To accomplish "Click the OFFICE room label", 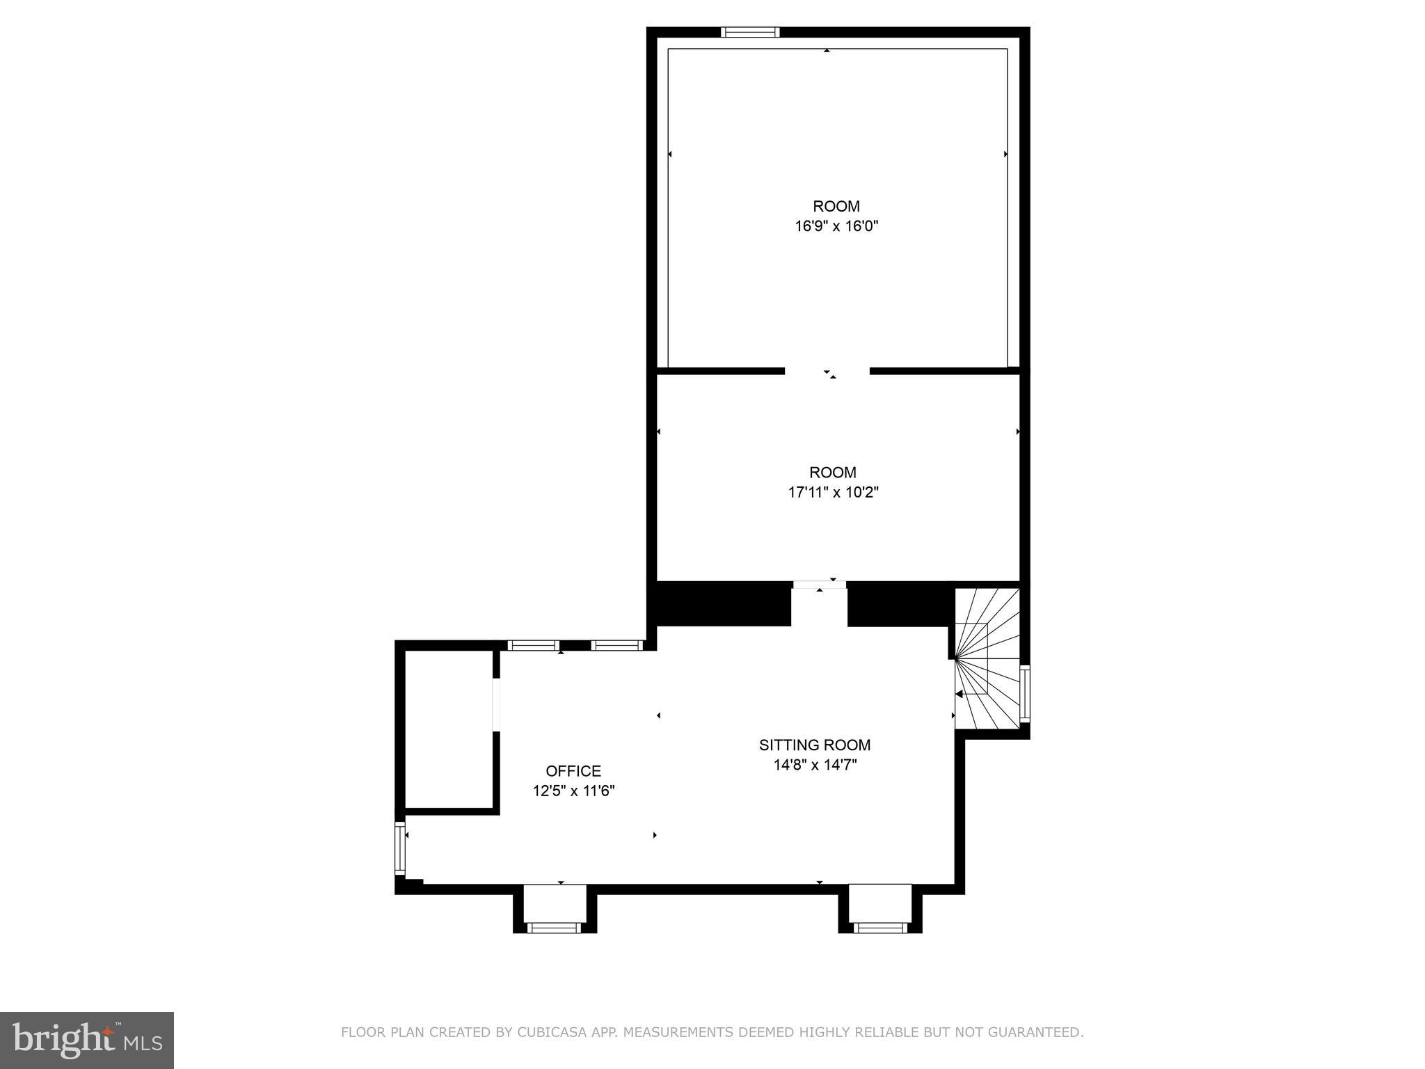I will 573,770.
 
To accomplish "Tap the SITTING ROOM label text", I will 814,745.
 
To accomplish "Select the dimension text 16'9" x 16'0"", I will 836,226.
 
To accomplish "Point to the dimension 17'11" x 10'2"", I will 833,493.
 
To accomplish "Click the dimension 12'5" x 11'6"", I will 573,791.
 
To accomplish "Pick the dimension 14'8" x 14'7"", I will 814,765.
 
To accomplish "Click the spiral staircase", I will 987,658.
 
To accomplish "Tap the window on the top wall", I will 750,32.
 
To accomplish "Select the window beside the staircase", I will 1025,693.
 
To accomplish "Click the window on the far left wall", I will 400,848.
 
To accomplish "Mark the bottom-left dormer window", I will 554,927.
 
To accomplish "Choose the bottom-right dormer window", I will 880,927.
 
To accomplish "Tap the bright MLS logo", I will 87,1040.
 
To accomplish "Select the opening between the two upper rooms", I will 827,372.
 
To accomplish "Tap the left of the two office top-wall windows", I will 534,646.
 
